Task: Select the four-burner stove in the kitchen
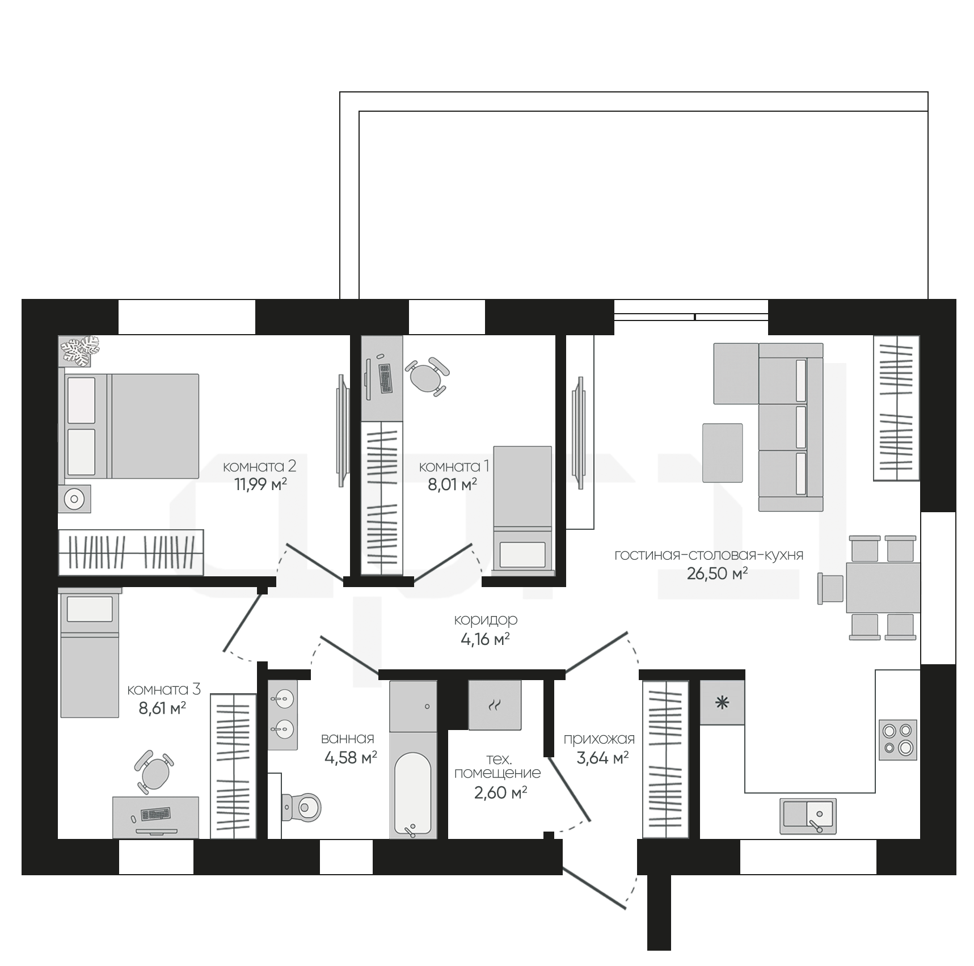click(x=898, y=740)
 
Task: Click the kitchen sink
click(x=808, y=816)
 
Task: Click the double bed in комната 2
click(x=130, y=425)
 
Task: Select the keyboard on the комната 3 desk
click(x=155, y=814)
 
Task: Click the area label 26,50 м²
click(x=717, y=573)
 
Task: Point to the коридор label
click(x=486, y=620)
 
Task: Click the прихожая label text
click(x=599, y=739)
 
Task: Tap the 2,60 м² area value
click(x=500, y=792)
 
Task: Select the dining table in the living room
click(x=883, y=588)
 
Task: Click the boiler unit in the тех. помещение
click(x=495, y=705)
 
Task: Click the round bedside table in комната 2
click(x=74, y=499)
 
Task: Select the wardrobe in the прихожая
click(x=665, y=760)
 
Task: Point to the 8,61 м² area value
click(x=162, y=708)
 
